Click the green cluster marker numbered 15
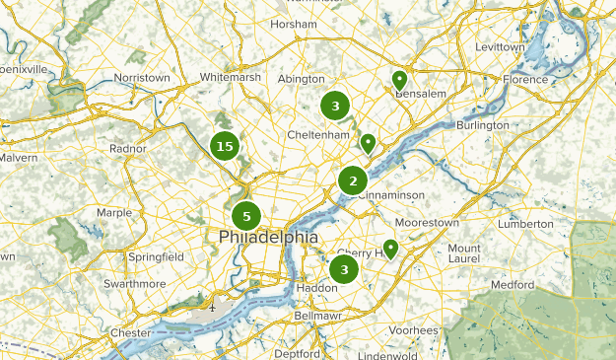[225, 147]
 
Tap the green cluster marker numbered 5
[246, 216]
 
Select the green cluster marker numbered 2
[353, 180]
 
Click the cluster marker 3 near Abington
[335, 106]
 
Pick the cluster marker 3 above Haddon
[344, 269]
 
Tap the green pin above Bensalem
[399, 80]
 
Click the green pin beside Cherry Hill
[390, 249]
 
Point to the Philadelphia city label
[268, 238]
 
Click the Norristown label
[142, 77]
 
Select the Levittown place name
[500, 46]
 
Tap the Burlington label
[483, 125]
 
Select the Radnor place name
[128, 149]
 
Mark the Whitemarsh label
[229, 77]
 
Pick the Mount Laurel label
[464, 254]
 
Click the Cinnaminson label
[391, 195]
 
